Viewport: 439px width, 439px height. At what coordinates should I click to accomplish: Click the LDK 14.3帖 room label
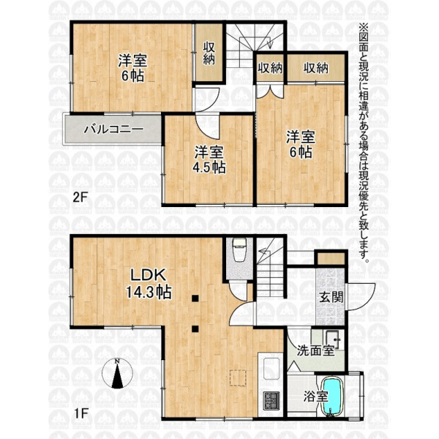148,283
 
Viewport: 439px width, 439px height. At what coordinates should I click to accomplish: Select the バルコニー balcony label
114,130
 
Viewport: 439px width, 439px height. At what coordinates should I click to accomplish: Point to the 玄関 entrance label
331,297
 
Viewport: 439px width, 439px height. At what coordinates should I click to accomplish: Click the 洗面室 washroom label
315,350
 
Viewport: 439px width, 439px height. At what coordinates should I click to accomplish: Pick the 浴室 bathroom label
315,397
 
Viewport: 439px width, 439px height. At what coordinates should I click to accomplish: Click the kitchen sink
271,368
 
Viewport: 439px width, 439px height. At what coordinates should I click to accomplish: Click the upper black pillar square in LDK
195,299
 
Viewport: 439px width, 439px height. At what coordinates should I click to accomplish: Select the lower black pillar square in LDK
195,329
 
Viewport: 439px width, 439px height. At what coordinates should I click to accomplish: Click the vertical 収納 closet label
209,53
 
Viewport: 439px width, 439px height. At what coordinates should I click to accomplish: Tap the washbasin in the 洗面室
332,339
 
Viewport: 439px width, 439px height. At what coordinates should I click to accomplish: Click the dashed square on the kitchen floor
238,378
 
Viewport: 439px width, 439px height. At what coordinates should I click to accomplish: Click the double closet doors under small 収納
270,91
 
